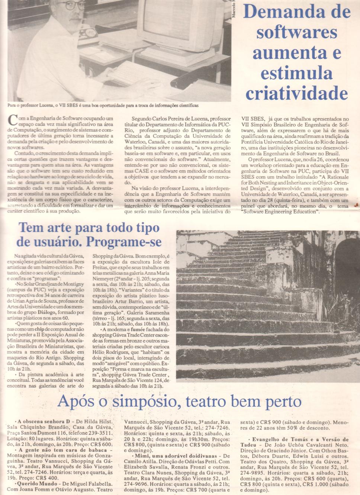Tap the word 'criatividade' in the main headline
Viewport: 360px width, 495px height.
click(x=296, y=93)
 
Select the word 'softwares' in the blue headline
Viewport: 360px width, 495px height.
click(x=296, y=32)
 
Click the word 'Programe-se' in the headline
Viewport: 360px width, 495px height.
click(x=124, y=242)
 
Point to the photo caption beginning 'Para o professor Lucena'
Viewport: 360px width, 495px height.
click(x=103, y=106)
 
